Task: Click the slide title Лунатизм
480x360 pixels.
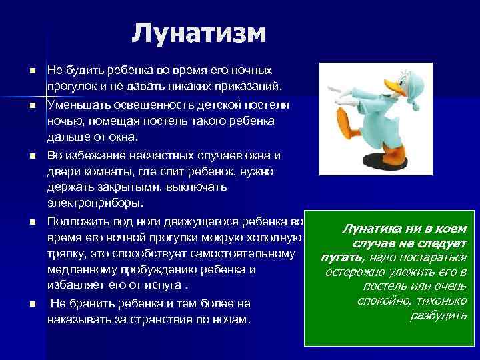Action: pyautogui.click(x=199, y=32)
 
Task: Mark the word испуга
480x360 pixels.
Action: pyautogui.click(x=164, y=285)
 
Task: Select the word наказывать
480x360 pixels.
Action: pyautogui.click(x=76, y=319)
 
